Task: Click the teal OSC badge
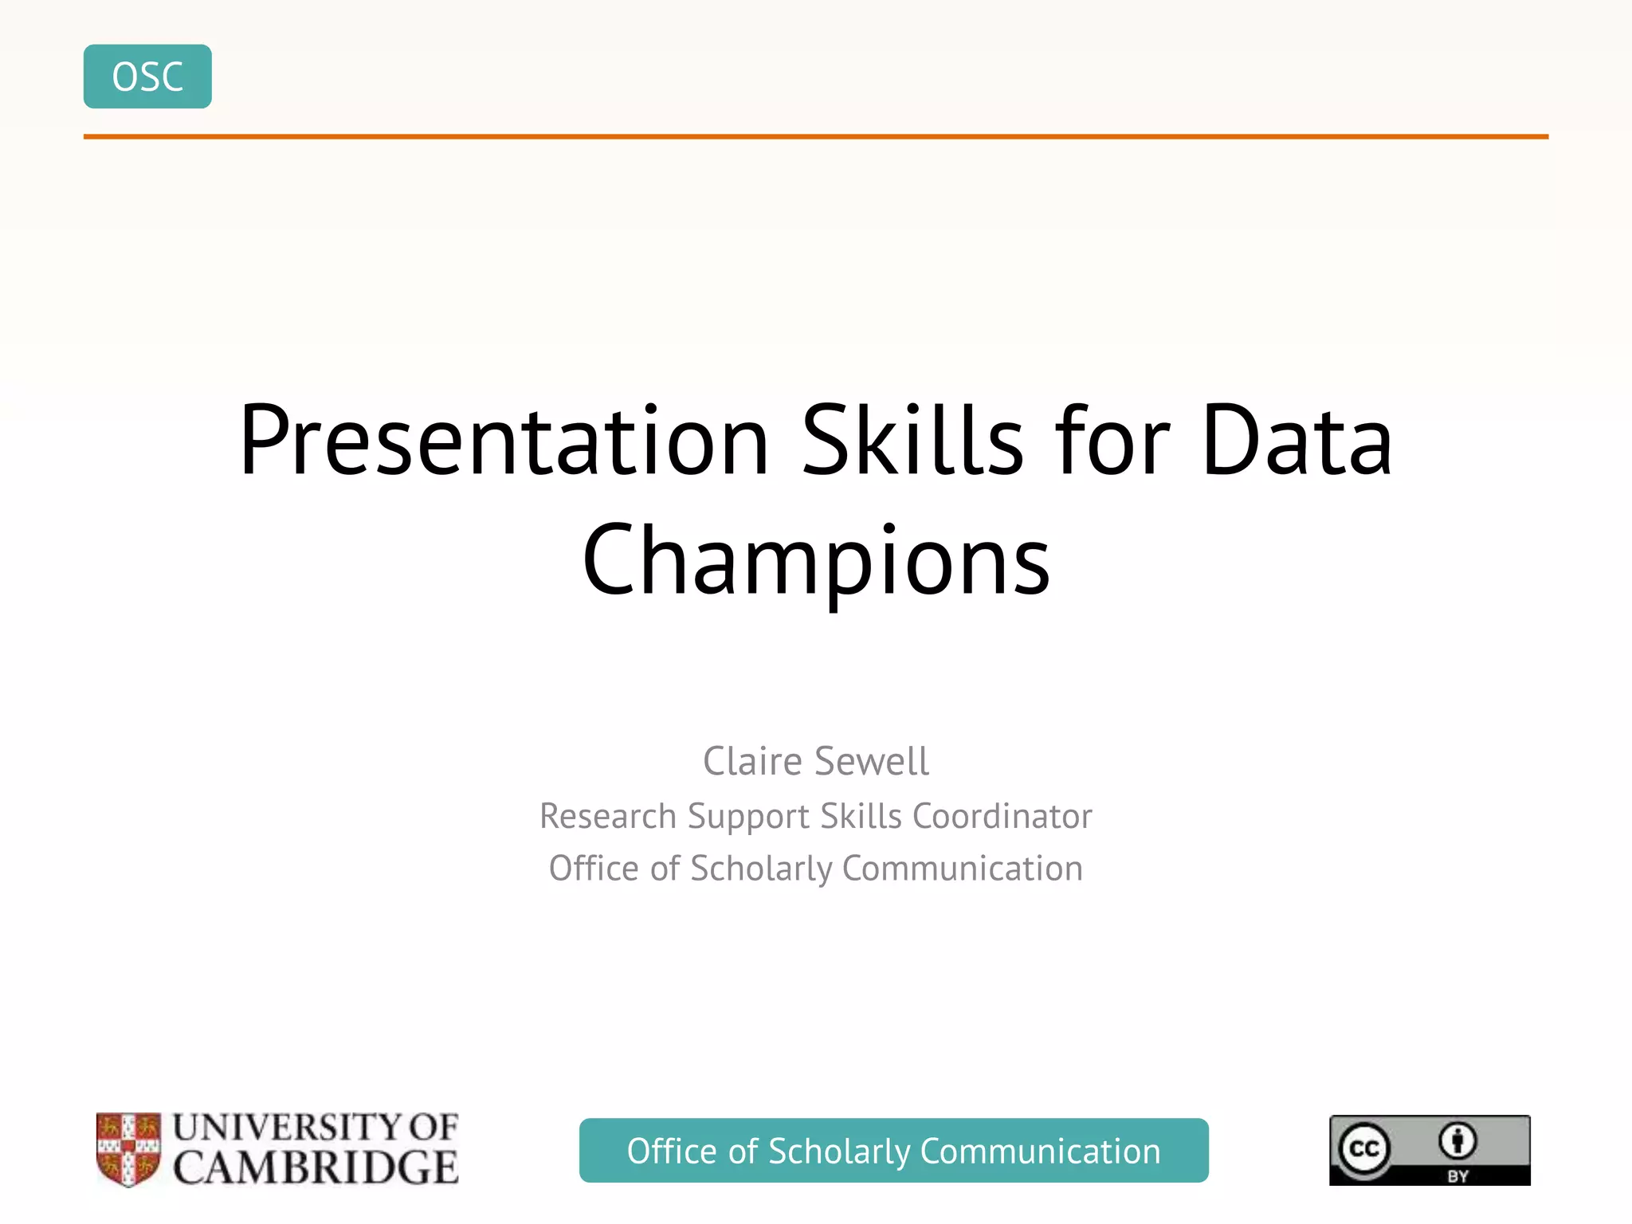coord(147,76)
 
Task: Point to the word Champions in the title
coord(816,560)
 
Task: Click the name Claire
coord(752,761)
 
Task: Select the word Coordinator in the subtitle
coord(1002,816)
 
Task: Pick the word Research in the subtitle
coord(608,816)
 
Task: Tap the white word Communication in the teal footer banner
coord(1040,1151)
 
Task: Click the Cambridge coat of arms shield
coord(128,1148)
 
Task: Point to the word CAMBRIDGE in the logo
coord(316,1168)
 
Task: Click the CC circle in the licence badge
coord(1363,1148)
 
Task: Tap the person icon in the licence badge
coord(1457,1140)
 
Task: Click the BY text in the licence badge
coord(1457,1176)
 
